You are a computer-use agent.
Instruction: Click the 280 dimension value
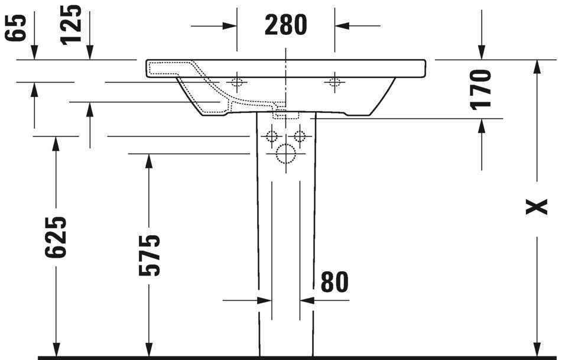click(285, 25)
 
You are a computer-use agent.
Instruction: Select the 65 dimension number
click(16, 28)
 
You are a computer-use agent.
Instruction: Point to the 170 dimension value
click(480, 89)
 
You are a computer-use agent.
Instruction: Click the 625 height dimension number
click(56, 237)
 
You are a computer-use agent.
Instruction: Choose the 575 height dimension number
click(149, 255)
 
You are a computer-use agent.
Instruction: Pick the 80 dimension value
click(334, 282)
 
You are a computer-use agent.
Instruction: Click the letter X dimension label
click(536, 207)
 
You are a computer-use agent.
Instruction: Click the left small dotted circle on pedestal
click(272, 136)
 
